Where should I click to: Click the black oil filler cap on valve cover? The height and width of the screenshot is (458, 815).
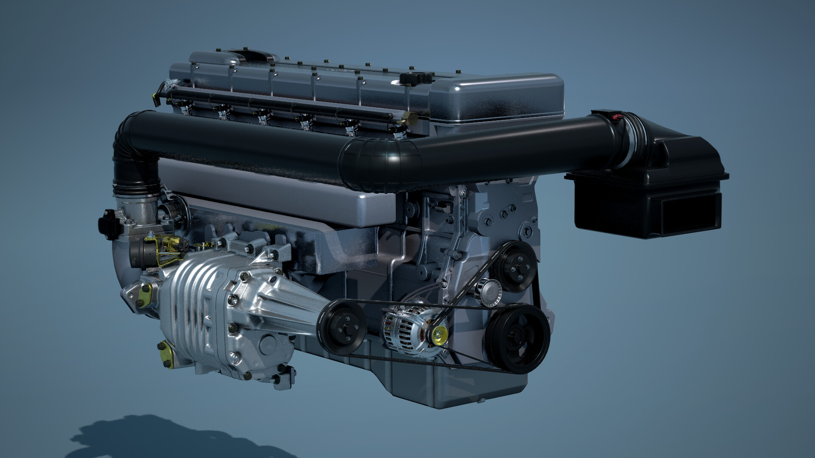tap(409, 79)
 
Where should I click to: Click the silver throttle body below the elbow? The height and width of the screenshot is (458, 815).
tap(140, 212)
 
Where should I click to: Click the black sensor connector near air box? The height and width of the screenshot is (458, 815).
tap(605, 116)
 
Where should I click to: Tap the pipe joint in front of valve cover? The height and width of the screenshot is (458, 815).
tap(382, 163)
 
